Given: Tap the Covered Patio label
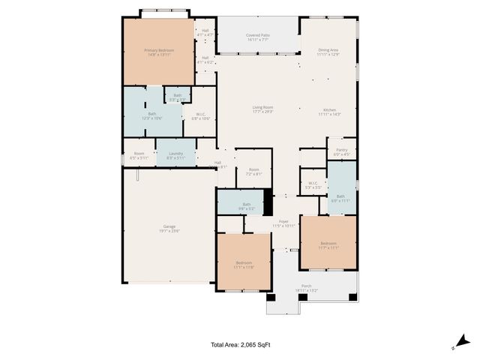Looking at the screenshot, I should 258,37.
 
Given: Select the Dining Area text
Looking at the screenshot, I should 328,52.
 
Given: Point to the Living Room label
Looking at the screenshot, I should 262,109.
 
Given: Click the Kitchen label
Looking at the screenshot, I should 328,112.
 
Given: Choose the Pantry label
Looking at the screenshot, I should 341,152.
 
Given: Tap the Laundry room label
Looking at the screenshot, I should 175,155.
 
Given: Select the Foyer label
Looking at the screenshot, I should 284,223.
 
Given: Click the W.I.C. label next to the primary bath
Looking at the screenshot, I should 200,116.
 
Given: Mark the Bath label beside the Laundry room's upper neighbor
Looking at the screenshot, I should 152,115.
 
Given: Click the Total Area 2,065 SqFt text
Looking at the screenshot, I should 239,345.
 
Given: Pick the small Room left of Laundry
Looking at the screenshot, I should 138,155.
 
